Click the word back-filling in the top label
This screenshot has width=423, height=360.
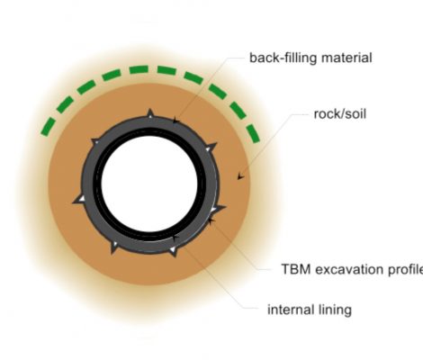283,58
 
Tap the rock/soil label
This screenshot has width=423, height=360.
340,114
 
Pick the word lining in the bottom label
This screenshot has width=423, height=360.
330,310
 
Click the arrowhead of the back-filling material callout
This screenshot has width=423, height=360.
175,121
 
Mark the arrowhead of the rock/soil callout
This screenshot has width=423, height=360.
240,176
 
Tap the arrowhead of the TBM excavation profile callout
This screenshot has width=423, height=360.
211,220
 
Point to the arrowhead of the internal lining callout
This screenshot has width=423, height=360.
175,237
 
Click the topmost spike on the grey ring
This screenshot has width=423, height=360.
150,113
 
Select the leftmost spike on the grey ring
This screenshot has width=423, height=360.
79,200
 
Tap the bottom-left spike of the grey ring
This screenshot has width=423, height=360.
113,247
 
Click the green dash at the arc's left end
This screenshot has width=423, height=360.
49,127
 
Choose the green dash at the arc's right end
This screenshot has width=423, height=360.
253,134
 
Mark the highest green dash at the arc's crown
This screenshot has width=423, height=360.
139,69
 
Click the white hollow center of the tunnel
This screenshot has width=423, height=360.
149,184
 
